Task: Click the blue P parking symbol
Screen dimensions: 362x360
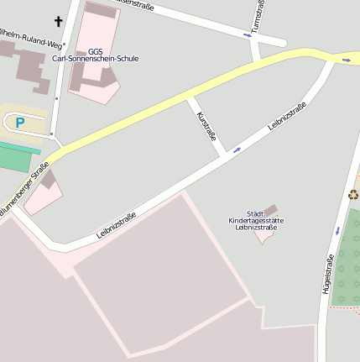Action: coord(20,123)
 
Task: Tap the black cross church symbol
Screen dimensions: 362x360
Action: coord(60,21)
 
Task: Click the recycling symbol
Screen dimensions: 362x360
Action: coord(353,195)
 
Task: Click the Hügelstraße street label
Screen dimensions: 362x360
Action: coord(329,267)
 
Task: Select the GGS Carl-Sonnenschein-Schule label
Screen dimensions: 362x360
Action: coord(95,55)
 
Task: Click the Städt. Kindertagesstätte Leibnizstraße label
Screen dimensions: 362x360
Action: coord(256,220)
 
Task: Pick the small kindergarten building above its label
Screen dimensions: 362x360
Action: coord(271,208)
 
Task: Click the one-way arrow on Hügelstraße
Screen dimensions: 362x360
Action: coord(337,229)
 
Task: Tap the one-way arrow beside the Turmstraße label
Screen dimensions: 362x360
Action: coord(248,34)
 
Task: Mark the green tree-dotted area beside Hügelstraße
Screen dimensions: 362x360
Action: coord(347,267)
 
